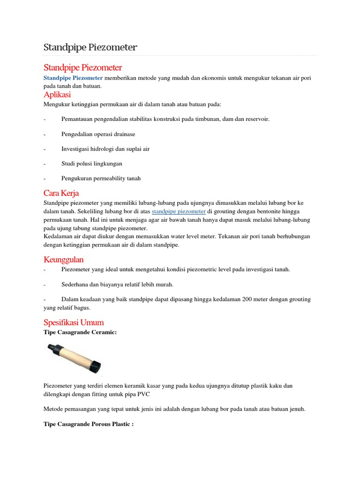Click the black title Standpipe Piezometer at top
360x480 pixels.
click(x=90, y=47)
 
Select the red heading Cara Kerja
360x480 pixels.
click(x=61, y=193)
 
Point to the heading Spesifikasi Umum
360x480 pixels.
click(x=73, y=322)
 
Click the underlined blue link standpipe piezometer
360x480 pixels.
click(x=179, y=211)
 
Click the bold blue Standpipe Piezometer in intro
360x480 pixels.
click(x=73, y=78)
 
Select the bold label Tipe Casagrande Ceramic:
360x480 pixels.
click(x=79, y=332)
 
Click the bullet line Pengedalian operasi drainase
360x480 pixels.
click(x=98, y=134)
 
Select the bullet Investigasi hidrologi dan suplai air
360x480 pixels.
click(x=105, y=149)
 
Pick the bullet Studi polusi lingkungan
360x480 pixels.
click(x=91, y=164)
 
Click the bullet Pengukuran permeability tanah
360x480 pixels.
click(x=101, y=178)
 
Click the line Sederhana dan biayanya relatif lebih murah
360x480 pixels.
click(x=117, y=284)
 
